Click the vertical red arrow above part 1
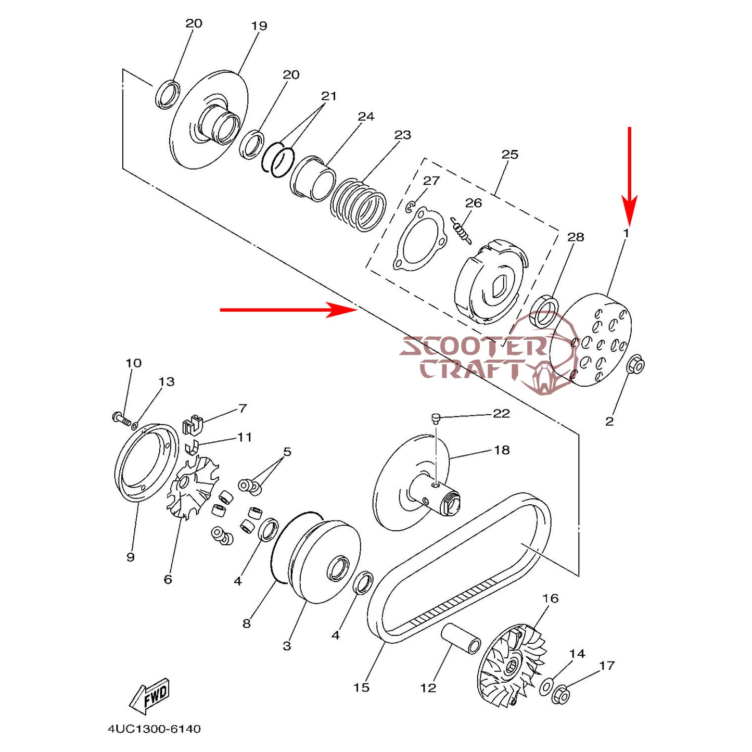(x=630, y=172)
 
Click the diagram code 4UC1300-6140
(x=154, y=729)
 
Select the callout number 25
(x=509, y=155)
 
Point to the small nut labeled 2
(x=636, y=365)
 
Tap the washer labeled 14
(x=546, y=686)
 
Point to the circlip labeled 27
(x=409, y=208)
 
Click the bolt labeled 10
(x=121, y=417)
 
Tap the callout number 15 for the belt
(x=361, y=687)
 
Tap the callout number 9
(x=131, y=557)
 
